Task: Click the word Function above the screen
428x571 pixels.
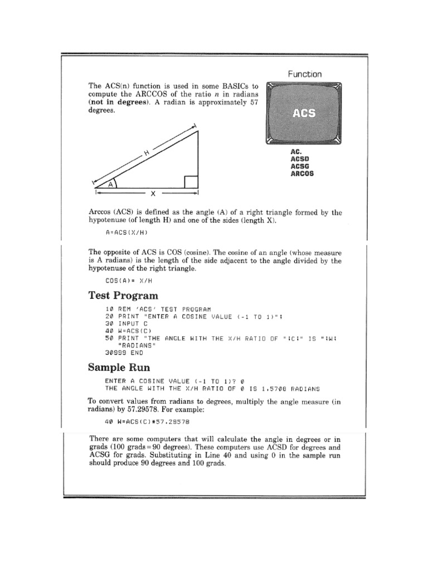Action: click(304, 74)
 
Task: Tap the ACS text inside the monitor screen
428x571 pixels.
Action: click(304, 114)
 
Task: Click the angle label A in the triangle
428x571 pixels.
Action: click(111, 183)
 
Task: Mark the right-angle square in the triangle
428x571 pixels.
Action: click(190, 182)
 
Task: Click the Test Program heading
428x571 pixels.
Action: click(123, 296)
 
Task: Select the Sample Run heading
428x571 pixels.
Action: click(120, 367)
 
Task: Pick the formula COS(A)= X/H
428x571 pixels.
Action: click(129, 282)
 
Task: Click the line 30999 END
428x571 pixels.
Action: click(124, 353)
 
